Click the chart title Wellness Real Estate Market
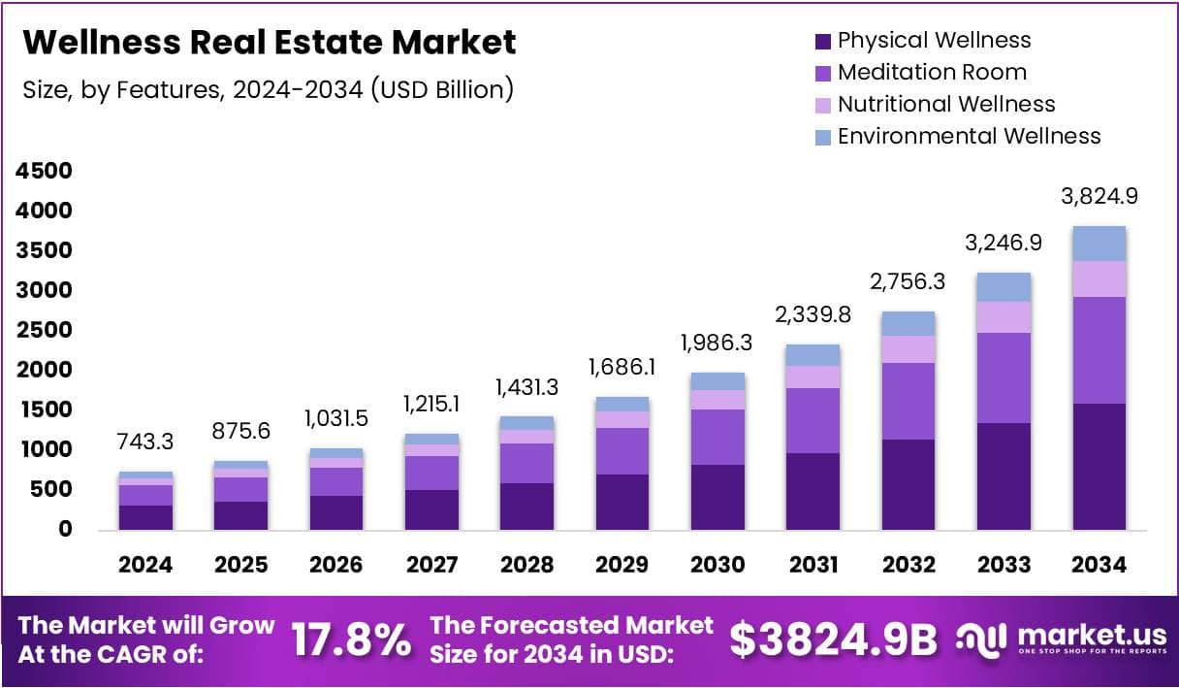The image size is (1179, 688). (x=269, y=43)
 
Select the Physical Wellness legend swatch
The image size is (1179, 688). (x=823, y=41)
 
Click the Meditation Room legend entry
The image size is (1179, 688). (x=931, y=72)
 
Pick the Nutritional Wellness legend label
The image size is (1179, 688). (x=945, y=104)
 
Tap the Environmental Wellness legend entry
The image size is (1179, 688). (x=969, y=136)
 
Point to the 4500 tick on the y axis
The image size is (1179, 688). (x=44, y=171)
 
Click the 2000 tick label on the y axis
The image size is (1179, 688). (x=44, y=370)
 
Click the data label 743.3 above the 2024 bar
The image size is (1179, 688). (x=145, y=442)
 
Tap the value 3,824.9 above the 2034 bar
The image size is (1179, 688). (x=1099, y=196)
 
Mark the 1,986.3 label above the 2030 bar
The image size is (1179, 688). (x=717, y=343)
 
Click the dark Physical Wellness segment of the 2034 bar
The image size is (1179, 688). (x=1099, y=466)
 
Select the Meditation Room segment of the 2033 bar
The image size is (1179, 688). (x=1004, y=377)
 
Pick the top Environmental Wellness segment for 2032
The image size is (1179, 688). (x=908, y=323)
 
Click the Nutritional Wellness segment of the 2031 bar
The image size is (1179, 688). (x=813, y=377)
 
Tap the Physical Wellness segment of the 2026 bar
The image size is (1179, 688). (x=336, y=512)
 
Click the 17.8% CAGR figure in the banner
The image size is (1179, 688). (x=351, y=639)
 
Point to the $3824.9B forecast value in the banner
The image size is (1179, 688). (x=834, y=639)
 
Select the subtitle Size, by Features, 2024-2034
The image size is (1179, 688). (x=267, y=89)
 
